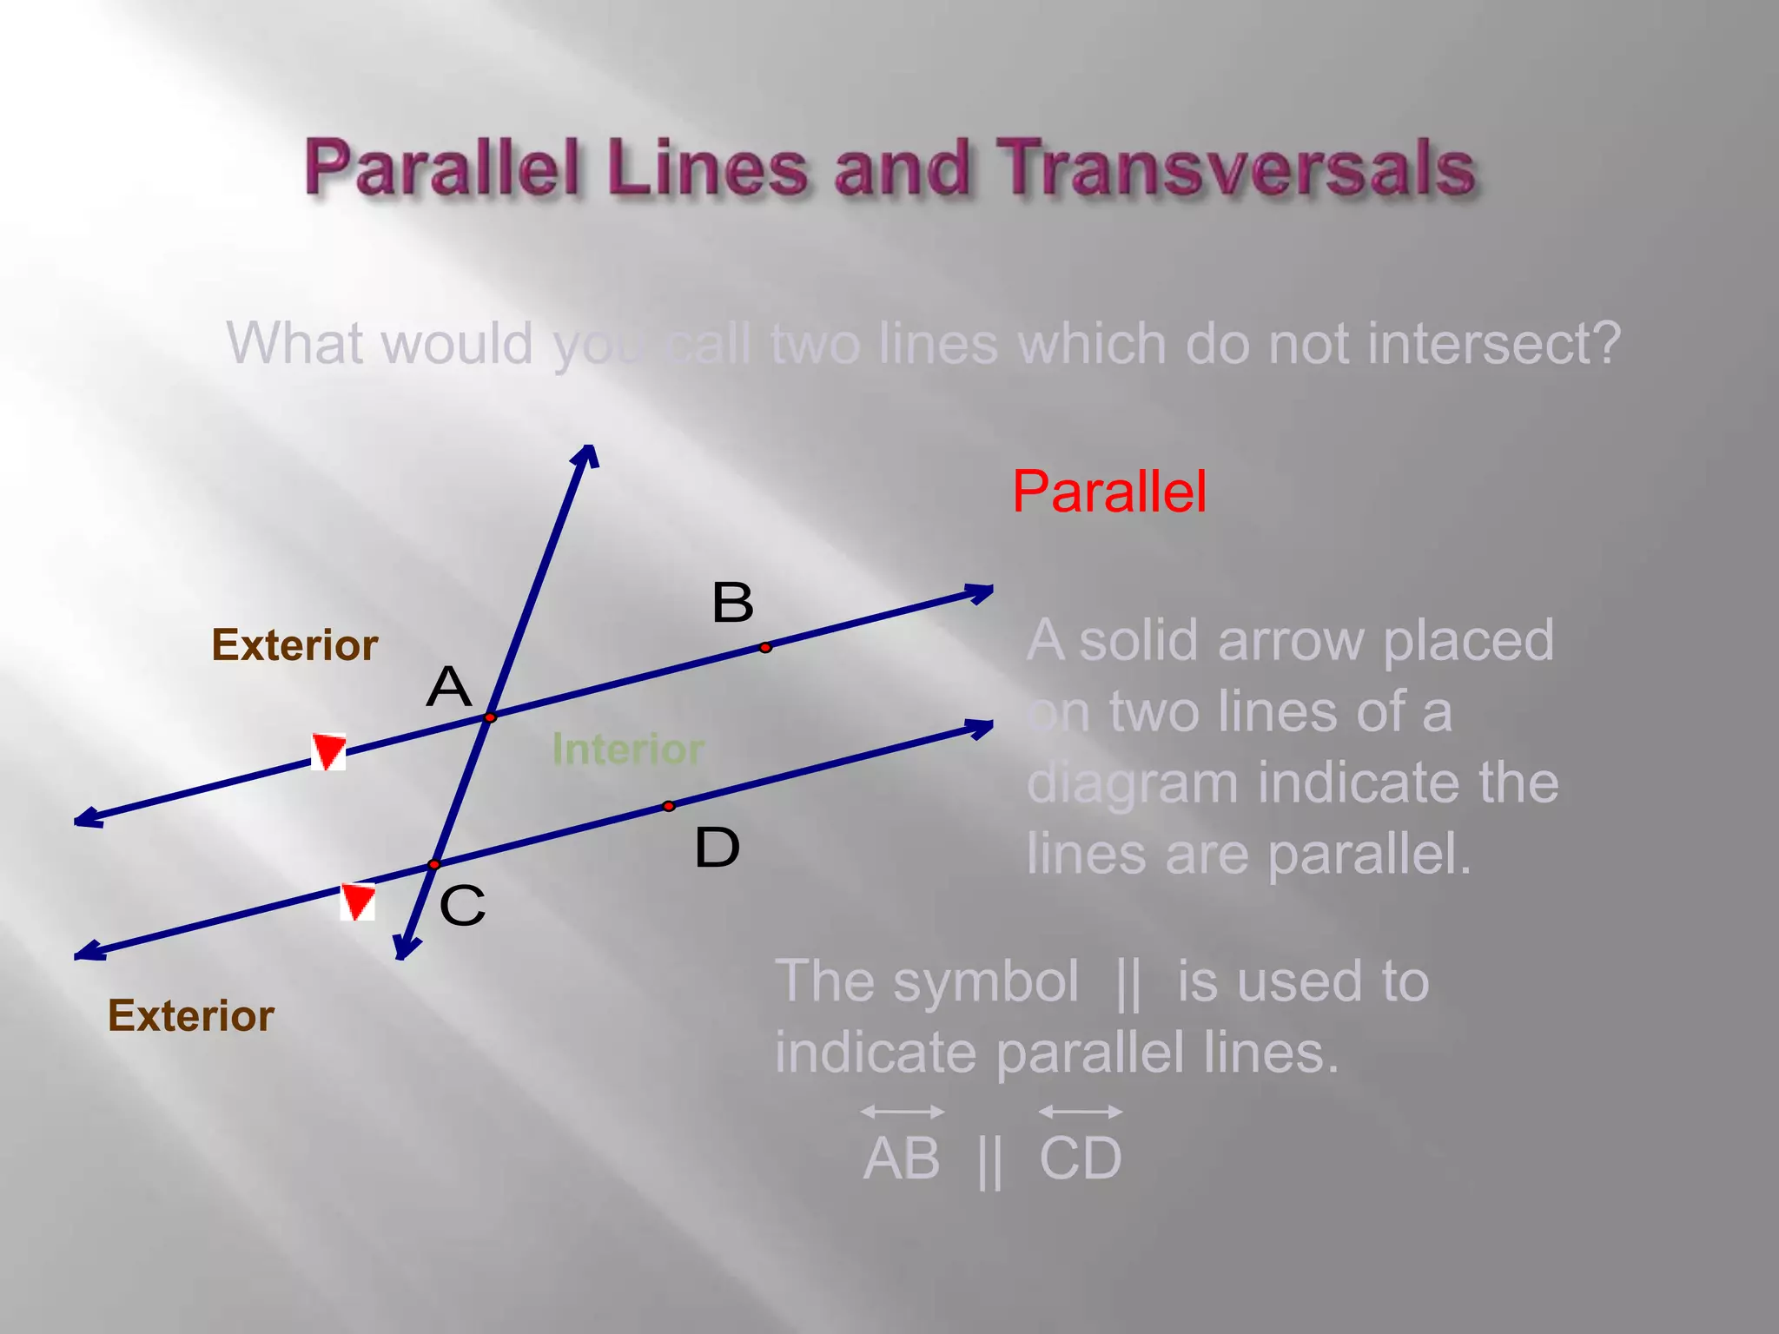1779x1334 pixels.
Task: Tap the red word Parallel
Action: (1109, 492)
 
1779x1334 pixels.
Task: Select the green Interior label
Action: (627, 749)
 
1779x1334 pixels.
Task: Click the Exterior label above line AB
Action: (294, 645)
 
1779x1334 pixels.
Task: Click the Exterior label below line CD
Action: (191, 1015)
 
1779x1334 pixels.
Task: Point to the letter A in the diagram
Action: (448, 687)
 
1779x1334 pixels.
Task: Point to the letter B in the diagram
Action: (732, 602)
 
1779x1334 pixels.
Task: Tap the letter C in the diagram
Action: (461, 906)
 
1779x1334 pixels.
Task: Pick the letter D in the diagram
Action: (717, 848)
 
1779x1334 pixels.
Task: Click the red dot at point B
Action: (765, 647)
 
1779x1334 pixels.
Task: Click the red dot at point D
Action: (668, 806)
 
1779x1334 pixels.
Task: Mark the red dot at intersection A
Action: (490, 717)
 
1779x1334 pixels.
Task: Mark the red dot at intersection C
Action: (433, 864)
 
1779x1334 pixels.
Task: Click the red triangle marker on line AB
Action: (328, 750)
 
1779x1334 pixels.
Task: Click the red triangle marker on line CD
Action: (357, 901)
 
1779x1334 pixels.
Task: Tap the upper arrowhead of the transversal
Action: (589, 454)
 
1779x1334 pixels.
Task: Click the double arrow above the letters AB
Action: (903, 1112)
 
